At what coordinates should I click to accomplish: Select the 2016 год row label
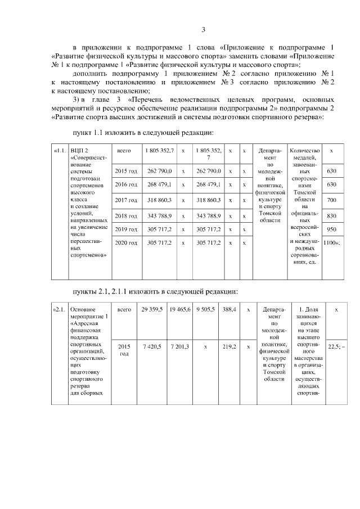(127, 184)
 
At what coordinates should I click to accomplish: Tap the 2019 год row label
(127, 229)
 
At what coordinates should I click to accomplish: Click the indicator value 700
(331, 200)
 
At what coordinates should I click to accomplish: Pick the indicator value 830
(331, 215)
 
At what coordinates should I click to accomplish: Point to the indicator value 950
(331, 229)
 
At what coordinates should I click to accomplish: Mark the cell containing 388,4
(229, 309)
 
